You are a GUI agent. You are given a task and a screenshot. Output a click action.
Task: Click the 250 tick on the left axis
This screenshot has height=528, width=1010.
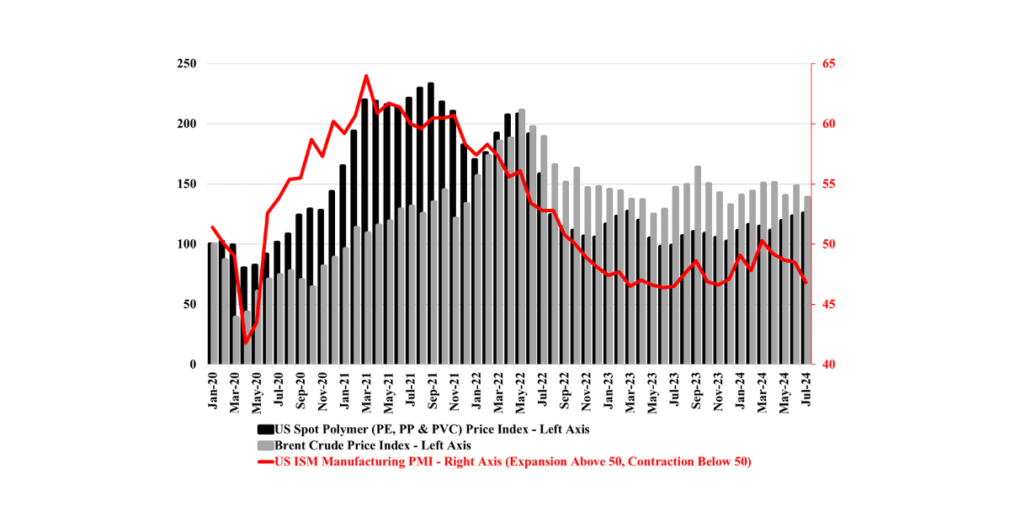(187, 64)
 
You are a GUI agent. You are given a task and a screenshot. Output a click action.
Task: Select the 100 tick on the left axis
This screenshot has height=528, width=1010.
(187, 244)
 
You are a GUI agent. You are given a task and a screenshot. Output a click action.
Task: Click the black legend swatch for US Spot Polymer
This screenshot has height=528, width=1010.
(263, 429)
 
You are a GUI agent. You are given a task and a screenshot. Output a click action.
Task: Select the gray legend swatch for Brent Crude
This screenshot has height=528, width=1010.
(263, 445)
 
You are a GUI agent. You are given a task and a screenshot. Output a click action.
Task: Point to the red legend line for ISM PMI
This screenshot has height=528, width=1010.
(263, 461)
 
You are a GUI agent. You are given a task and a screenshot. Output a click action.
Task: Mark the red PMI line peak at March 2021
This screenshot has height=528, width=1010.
(366, 76)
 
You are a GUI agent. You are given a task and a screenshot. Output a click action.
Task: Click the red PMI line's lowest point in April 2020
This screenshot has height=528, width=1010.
(246, 343)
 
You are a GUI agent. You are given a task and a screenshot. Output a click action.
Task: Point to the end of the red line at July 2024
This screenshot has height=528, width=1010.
(805, 282)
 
